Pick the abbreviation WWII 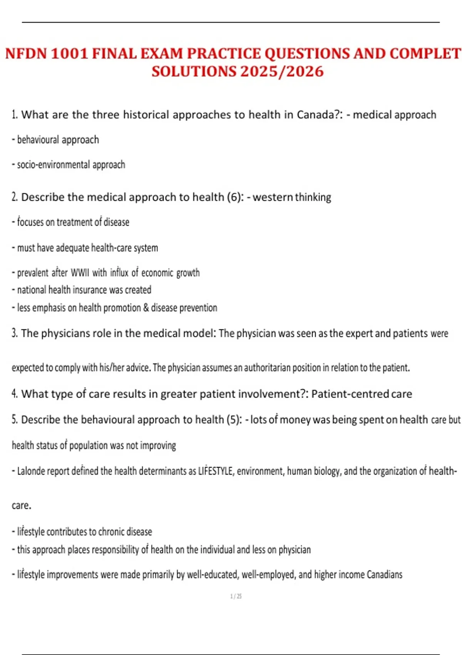80,273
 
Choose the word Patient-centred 350,394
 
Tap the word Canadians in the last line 384,575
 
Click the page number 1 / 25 236,596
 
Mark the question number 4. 15,394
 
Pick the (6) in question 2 234,197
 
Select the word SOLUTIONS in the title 194,72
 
